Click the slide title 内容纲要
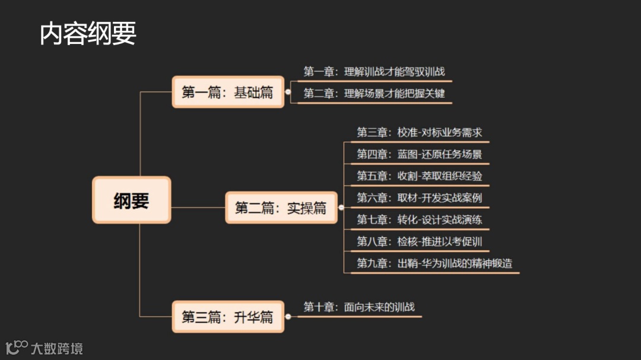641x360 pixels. point(88,34)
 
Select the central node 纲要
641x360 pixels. point(131,200)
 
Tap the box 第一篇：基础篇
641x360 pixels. point(227,92)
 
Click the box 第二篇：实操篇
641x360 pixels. point(281,208)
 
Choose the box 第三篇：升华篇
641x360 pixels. point(227,317)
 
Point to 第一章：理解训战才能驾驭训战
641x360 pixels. point(374,72)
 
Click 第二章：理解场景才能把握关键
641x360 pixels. point(374,93)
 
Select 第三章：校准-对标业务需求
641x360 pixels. point(419,132)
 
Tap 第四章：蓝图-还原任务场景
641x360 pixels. point(419,154)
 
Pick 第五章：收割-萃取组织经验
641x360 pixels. point(419,176)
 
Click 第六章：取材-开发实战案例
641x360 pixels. point(419,197)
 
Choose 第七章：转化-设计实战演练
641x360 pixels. point(419,219)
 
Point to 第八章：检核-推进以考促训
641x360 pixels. point(419,241)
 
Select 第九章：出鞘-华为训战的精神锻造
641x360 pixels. point(434,263)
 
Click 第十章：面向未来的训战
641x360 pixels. point(359,307)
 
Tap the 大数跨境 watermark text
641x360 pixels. point(57,348)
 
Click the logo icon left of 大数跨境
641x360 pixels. point(17,347)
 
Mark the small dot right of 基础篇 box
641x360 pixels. point(288,92)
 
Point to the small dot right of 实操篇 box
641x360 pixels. point(341,208)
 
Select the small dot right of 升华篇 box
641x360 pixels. point(288,317)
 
